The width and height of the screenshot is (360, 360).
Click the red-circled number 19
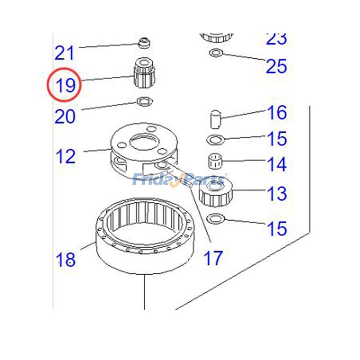point(65,85)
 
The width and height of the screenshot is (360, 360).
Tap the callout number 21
point(64,53)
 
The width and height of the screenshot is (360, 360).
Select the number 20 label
point(65,117)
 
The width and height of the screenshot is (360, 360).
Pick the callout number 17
point(213,258)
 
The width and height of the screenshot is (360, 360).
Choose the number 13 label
point(277,194)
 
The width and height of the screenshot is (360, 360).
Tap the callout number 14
point(277,164)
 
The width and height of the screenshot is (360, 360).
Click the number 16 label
point(277,112)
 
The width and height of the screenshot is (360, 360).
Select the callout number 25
point(276,66)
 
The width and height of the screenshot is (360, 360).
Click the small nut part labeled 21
point(144,44)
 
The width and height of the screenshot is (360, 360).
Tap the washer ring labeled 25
point(215,53)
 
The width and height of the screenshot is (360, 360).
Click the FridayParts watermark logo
point(180,180)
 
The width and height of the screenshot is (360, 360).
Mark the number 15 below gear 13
point(277,228)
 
